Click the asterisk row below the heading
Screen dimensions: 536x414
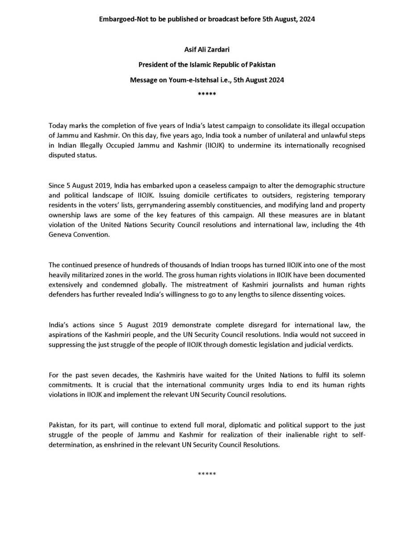pyautogui.click(x=207, y=95)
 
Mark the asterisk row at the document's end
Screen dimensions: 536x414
pyautogui.click(x=207, y=473)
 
